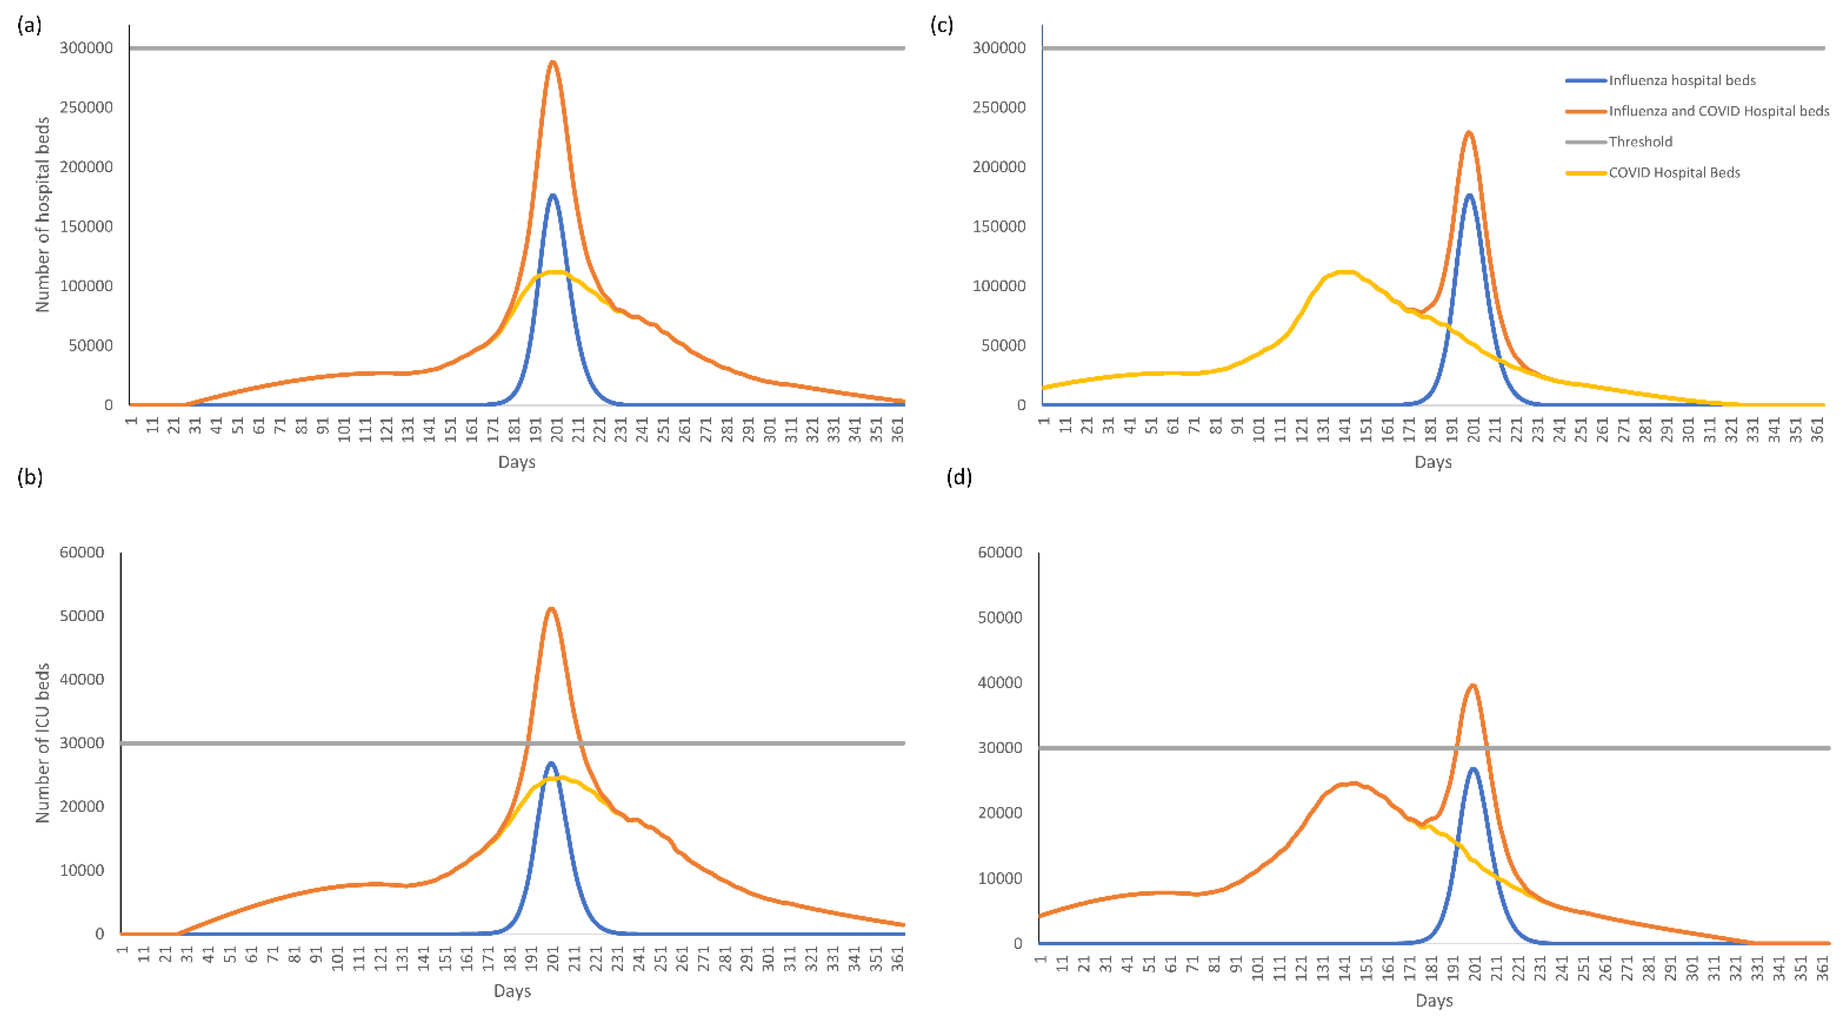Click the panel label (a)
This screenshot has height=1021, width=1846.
click(29, 26)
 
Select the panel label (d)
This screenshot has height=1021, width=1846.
click(959, 477)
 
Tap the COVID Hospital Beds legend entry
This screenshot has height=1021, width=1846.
click(1673, 173)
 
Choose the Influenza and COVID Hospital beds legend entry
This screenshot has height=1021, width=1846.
click(1718, 111)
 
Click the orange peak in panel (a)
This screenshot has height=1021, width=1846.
click(553, 62)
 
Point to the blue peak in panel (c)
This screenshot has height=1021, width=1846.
click(1469, 195)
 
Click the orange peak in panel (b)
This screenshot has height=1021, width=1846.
click(550, 610)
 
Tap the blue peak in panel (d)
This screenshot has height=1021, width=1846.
click(1473, 768)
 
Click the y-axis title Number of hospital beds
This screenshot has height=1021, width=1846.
click(42, 215)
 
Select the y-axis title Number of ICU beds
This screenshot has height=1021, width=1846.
click(42, 742)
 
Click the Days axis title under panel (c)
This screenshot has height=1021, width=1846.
click(1433, 462)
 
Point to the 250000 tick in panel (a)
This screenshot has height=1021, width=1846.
click(86, 107)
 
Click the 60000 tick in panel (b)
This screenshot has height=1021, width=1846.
click(82, 552)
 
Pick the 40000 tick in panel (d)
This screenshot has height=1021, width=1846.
click(1000, 683)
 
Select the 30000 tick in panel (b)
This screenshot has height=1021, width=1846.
click(82, 743)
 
